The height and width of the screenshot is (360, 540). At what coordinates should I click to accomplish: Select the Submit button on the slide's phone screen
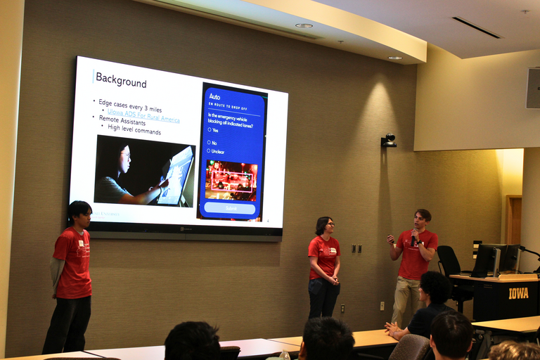coord(230,208)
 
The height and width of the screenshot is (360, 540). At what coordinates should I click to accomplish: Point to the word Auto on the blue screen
coord(214,96)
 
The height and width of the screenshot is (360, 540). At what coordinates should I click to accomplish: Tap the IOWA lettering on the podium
coord(518,292)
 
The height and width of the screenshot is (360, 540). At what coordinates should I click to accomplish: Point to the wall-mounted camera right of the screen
coord(389,141)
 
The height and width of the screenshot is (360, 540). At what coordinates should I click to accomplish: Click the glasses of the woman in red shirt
coord(329,225)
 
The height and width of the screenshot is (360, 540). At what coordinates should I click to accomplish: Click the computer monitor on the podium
coord(486,259)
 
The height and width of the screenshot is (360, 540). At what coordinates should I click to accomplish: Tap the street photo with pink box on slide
coord(231,180)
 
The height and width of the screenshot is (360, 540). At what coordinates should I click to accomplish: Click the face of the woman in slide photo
coord(124,159)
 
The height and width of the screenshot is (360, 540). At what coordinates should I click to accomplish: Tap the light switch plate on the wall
coord(356,248)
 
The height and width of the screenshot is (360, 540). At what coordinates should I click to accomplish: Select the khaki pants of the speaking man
coord(406,299)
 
